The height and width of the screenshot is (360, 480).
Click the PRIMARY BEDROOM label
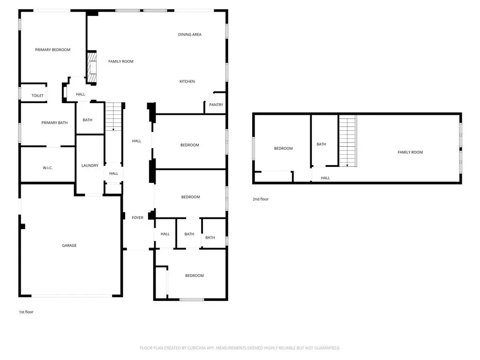[x=52, y=50]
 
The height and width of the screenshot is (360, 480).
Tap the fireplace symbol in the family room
[x=92, y=67]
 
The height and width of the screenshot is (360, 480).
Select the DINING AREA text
[x=190, y=35]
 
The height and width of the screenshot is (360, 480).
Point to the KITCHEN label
[x=187, y=82]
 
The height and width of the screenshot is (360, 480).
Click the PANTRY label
[x=216, y=105]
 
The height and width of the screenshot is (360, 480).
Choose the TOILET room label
[x=37, y=96]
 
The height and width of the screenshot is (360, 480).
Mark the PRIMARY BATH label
[x=54, y=123]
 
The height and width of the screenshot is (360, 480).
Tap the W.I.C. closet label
[x=47, y=167]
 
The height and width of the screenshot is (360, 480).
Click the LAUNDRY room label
[x=90, y=165]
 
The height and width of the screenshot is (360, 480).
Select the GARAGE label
[x=69, y=246]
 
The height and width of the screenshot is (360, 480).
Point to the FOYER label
[x=137, y=217]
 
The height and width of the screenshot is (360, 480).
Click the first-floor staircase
[x=113, y=117]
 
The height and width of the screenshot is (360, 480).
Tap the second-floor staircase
[x=347, y=141]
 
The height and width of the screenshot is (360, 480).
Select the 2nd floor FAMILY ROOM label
[x=410, y=152]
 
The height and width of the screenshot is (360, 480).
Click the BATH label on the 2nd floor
[x=321, y=144]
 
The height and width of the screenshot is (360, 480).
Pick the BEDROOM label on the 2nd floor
[x=283, y=149]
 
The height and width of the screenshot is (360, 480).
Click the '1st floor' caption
[x=26, y=312]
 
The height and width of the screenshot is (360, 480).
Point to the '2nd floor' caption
[x=261, y=199]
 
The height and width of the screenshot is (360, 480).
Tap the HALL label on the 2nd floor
[x=325, y=178]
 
